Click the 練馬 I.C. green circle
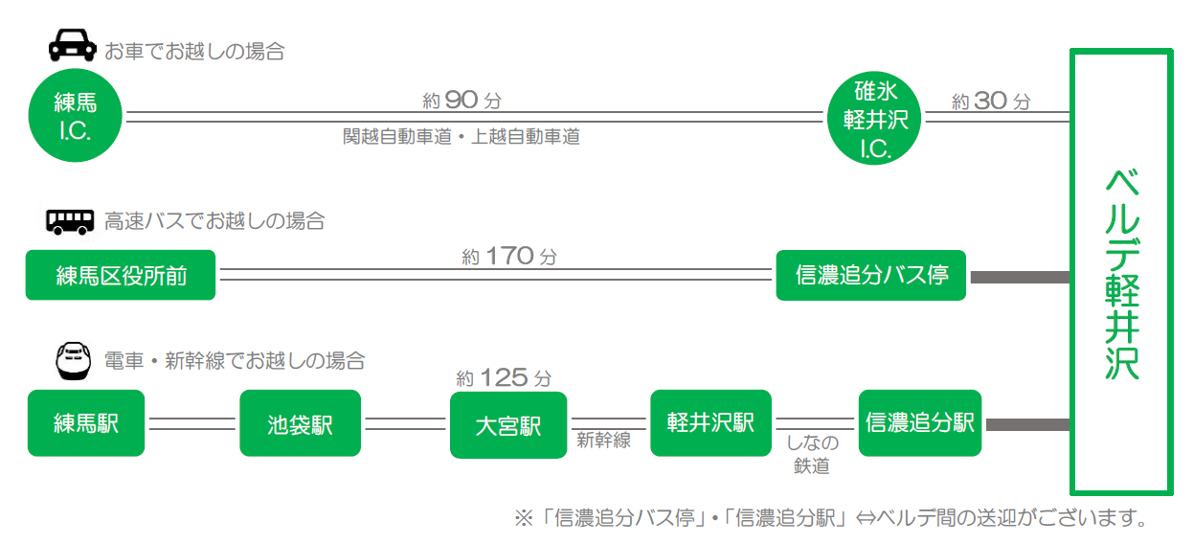click(x=75, y=115)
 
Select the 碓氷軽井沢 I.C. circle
click(x=874, y=118)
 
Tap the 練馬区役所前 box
click(x=121, y=275)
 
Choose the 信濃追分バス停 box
click(x=870, y=276)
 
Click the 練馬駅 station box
click(x=86, y=423)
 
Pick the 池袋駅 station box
click(x=300, y=423)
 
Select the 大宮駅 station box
click(x=508, y=424)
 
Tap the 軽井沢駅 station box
click(x=711, y=423)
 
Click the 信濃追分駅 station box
click(x=920, y=423)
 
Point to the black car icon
click(x=73, y=45)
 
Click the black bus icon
click(x=70, y=222)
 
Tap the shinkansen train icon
click(x=74, y=361)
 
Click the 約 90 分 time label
click(x=461, y=101)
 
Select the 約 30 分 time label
click(x=991, y=101)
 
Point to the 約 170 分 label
click(x=509, y=257)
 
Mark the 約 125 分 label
click(x=504, y=377)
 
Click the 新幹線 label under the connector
click(x=603, y=441)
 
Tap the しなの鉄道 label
click(x=812, y=454)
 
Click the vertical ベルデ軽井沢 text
click(x=1121, y=274)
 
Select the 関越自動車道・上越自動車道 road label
click(x=461, y=137)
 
